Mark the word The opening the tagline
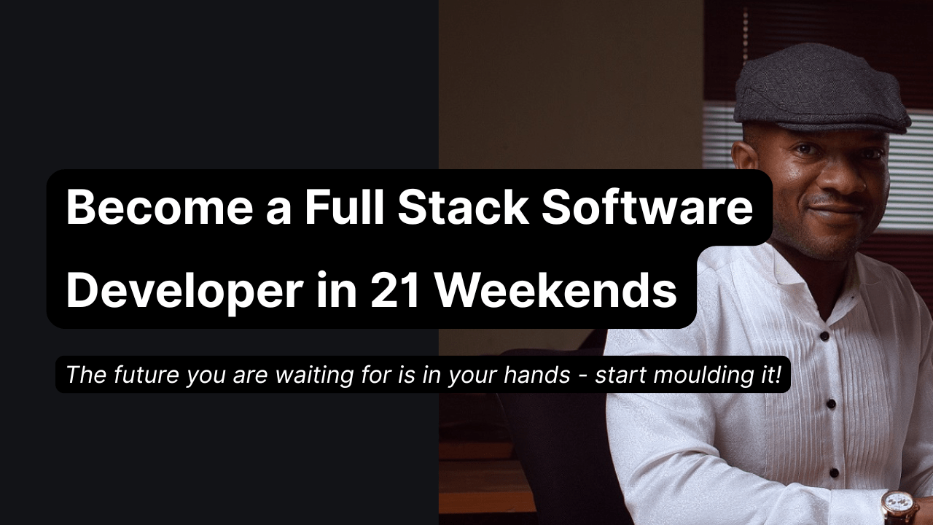pos(83,375)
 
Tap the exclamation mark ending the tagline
pos(778,375)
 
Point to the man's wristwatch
pos(898,507)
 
